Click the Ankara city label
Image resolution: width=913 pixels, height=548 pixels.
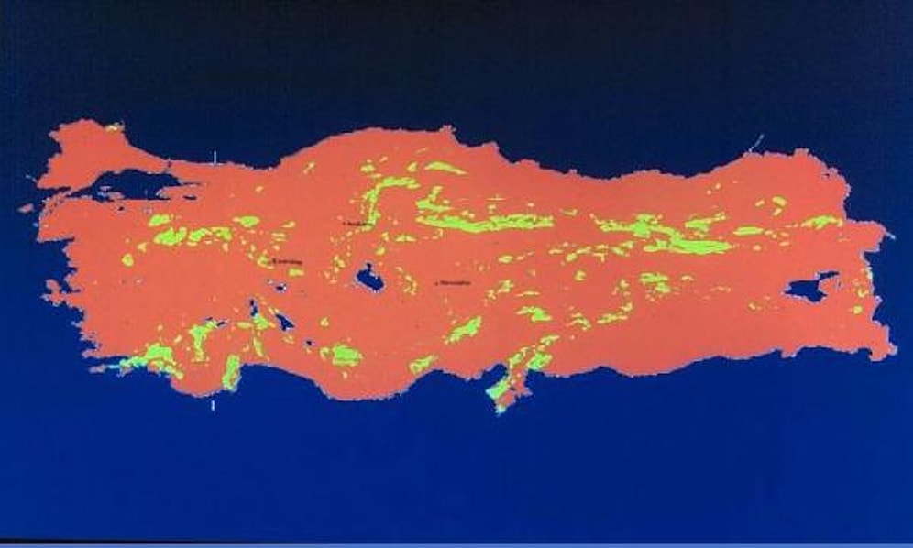click(x=357, y=223)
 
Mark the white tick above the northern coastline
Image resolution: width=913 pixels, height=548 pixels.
click(x=214, y=158)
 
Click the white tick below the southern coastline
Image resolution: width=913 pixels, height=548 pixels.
click(x=214, y=403)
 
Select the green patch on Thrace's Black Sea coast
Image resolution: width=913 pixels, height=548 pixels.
click(x=114, y=127)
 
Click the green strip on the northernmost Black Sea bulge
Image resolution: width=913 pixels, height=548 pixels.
click(x=443, y=168)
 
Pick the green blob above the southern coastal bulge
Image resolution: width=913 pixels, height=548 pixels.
click(x=346, y=355)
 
